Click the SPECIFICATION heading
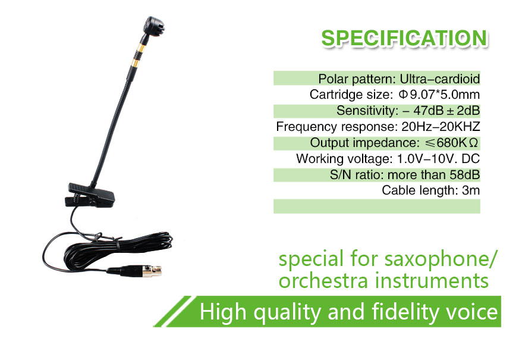coord(404,37)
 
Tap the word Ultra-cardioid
coord(440,79)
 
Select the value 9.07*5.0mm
coord(445,95)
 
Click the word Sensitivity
coord(366,110)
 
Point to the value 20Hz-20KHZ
coord(441,127)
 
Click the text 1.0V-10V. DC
coord(438,159)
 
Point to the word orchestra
coord(323,280)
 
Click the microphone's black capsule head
coord(153,26)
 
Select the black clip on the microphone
coord(90,195)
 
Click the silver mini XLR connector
coord(152,270)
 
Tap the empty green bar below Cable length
coord(377,206)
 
